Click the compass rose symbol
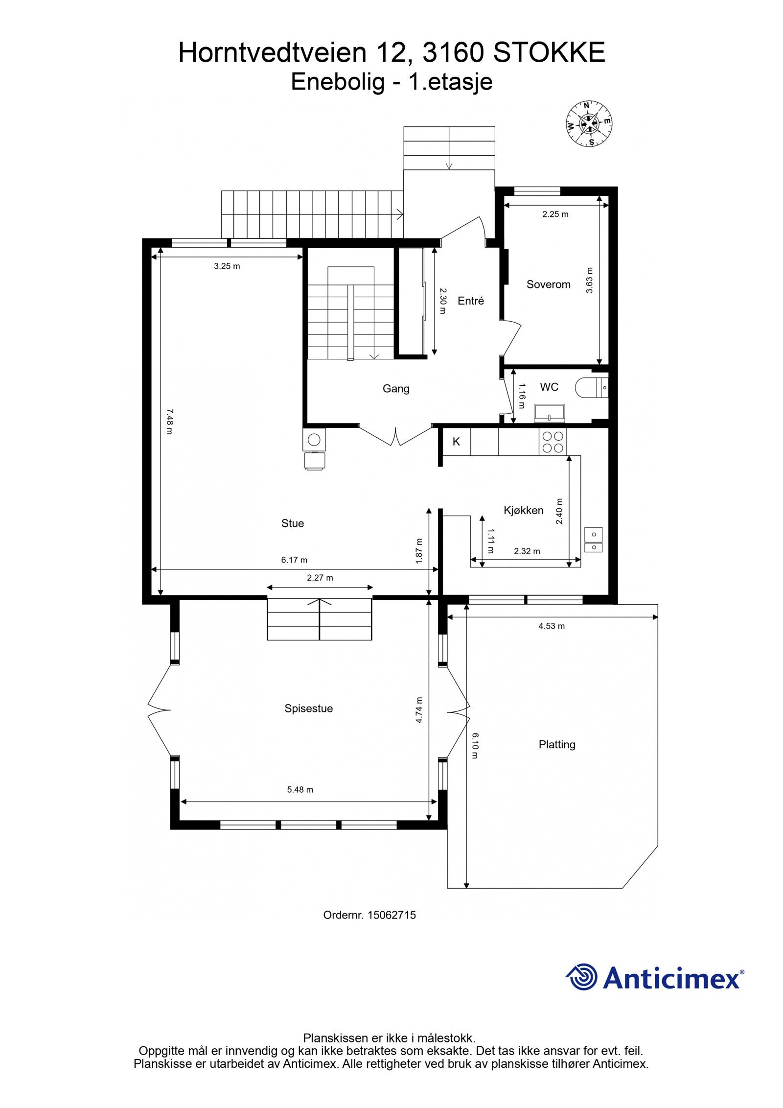pos(589,123)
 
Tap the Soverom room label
pos(548,284)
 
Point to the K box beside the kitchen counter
pos(456,442)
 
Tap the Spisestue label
pos(308,708)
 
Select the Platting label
pos(556,745)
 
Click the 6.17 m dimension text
pos(294,560)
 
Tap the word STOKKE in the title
pos(549,53)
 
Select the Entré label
pos(470,301)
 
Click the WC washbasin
pos(549,413)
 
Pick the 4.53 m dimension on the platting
pos(552,626)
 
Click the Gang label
pos(396,389)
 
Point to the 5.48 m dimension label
pos(300,790)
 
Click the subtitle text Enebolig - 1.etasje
pos(391,82)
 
